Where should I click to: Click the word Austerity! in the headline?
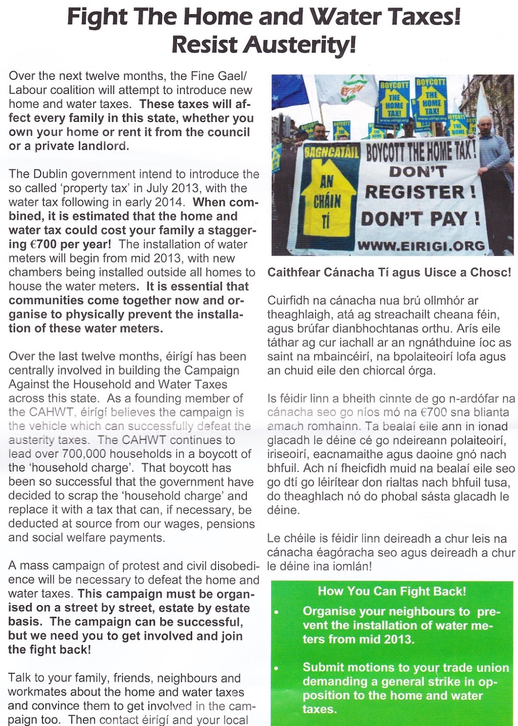(x=299, y=45)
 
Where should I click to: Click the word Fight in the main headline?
(x=98, y=17)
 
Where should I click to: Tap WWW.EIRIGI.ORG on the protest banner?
(x=421, y=246)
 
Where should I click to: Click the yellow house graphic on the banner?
(x=327, y=199)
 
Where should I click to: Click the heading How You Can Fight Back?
(x=392, y=591)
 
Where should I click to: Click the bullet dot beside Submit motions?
(x=276, y=668)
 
